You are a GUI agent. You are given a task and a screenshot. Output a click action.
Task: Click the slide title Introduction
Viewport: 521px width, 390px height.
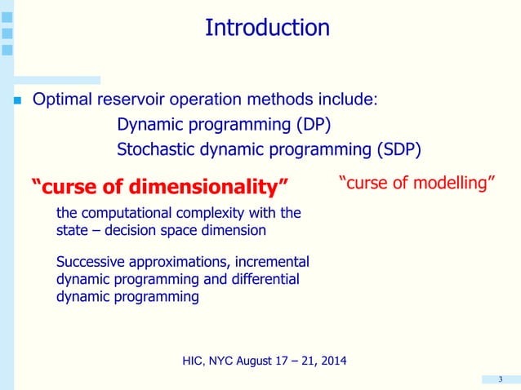[x=267, y=28]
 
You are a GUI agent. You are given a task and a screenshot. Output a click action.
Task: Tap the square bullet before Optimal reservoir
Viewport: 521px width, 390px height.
[x=16, y=102]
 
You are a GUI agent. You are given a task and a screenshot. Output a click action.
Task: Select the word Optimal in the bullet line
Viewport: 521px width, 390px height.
[x=62, y=101]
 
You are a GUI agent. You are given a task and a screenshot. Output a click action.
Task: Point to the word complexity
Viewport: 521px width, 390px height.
[x=209, y=214]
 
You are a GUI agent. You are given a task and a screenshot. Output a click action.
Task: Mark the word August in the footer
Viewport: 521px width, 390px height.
[x=258, y=361]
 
